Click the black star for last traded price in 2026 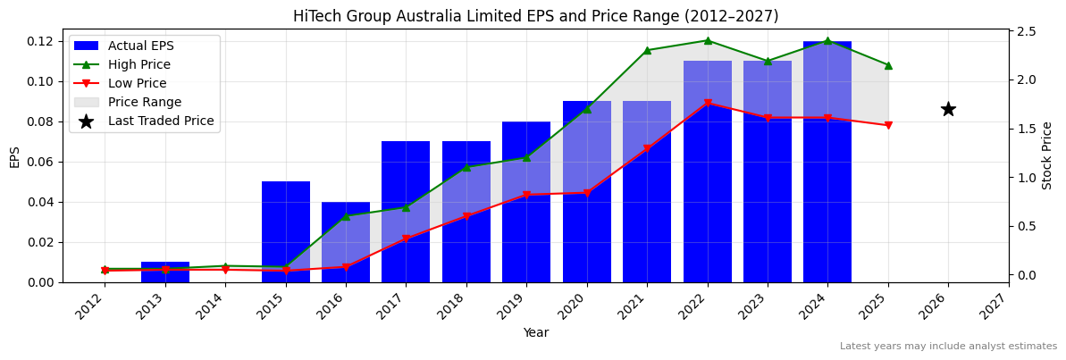pyautogui.click(x=948, y=109)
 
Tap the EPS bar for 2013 pyautogui.click(x=165, y=272)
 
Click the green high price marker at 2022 pyautogui.click(x=708, y=40)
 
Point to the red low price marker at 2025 pyautogui.click(x=888, y=125)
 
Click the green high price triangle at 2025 pyautogui.click(x=888, y=65)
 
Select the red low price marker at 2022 pyautogui.click(x=708, y=104)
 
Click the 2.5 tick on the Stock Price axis pyautogui.click(x=1027, y=31)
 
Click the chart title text pyautogui.click(x=535, y=16)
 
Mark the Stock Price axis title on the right pyautogui.click(x=1047, y=155)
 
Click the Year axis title pyautogui.click(x=535, y=332)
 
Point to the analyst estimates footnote pyautogui.click(x=948, y=347)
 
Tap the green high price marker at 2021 pyautogui.click(x=647, y=50)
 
